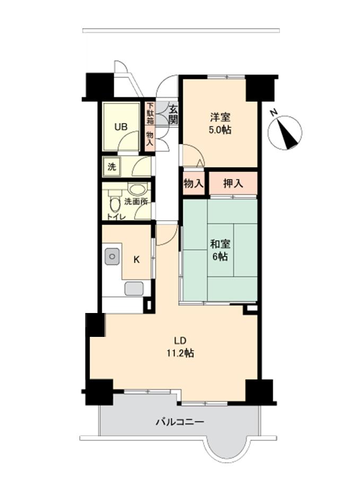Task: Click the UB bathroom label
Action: pos(121,126)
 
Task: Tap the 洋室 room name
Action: pos(220,117)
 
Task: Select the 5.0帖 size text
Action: pos(219,130)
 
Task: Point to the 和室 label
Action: pos(220,244)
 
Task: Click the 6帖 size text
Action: pos(220,257)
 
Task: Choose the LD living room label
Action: pos(180,341)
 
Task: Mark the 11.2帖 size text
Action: pos(180,353)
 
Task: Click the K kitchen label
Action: pos(137,260)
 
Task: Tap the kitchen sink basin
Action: pos(112,256)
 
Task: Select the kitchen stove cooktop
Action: pos(134,289)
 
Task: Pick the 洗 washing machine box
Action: pos(111,167)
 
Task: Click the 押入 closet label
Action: pos(233,183)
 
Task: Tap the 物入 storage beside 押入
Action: pos(194,184)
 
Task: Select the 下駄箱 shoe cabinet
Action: pos(150,113)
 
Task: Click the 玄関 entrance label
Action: pos(173,114)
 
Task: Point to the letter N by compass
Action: pos(274,113)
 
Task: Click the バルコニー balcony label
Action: pos(180,422)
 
